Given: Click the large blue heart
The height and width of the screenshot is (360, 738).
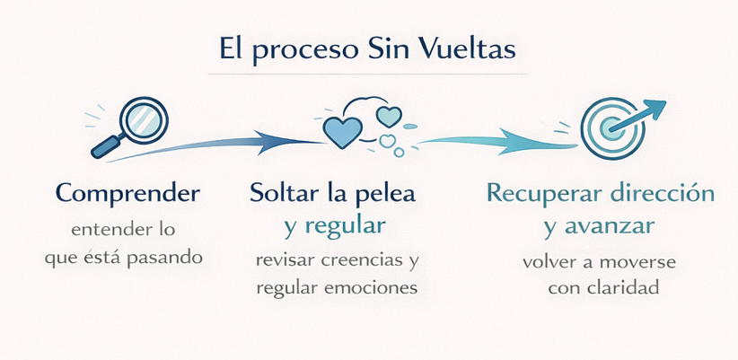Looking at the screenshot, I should (342, 131).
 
